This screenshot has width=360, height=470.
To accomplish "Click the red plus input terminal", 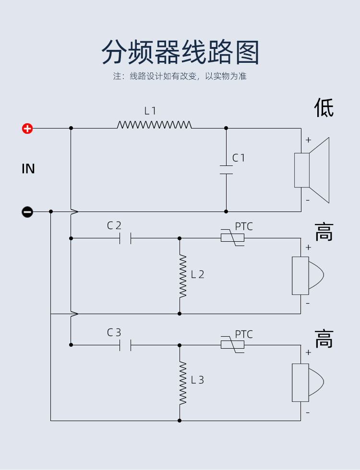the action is click(x=27, y=129).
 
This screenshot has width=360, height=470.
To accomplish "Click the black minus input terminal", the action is click(x=27, y=212).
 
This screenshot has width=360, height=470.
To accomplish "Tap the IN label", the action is click(x=28, y=169).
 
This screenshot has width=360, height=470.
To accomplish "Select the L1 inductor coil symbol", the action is click(x=154, y=125).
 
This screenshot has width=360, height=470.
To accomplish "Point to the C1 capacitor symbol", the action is click(x=226, y=170).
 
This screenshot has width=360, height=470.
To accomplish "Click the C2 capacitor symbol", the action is click(x=125, y=238).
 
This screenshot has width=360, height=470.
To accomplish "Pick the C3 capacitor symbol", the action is click(x=125, y=345).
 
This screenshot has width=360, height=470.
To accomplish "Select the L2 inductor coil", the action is click(x=183, y=276).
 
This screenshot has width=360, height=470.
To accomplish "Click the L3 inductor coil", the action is click(x=183, y=383).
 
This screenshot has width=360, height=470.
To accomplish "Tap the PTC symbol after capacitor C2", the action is click(x=232, y=238).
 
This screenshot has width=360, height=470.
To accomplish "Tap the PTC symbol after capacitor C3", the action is click(x=232, y=345).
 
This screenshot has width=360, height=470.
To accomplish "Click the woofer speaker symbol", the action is click(x=312, y=170).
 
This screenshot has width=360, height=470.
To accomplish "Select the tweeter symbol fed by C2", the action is click(x=308, y=275).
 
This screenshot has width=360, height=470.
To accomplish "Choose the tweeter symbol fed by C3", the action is click(x=308, y=383).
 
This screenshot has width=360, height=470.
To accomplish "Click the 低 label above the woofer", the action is click(x=324, y=107).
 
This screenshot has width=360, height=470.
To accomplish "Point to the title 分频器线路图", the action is click(x=180, y=52).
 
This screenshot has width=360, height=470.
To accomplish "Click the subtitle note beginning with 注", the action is click(x=180, y=76).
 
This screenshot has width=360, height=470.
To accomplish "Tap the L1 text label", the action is click(x=150, y=111).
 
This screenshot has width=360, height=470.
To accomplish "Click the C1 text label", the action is click(x=239, y=158).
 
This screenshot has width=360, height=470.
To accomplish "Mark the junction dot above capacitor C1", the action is click(x=226, y=128).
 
